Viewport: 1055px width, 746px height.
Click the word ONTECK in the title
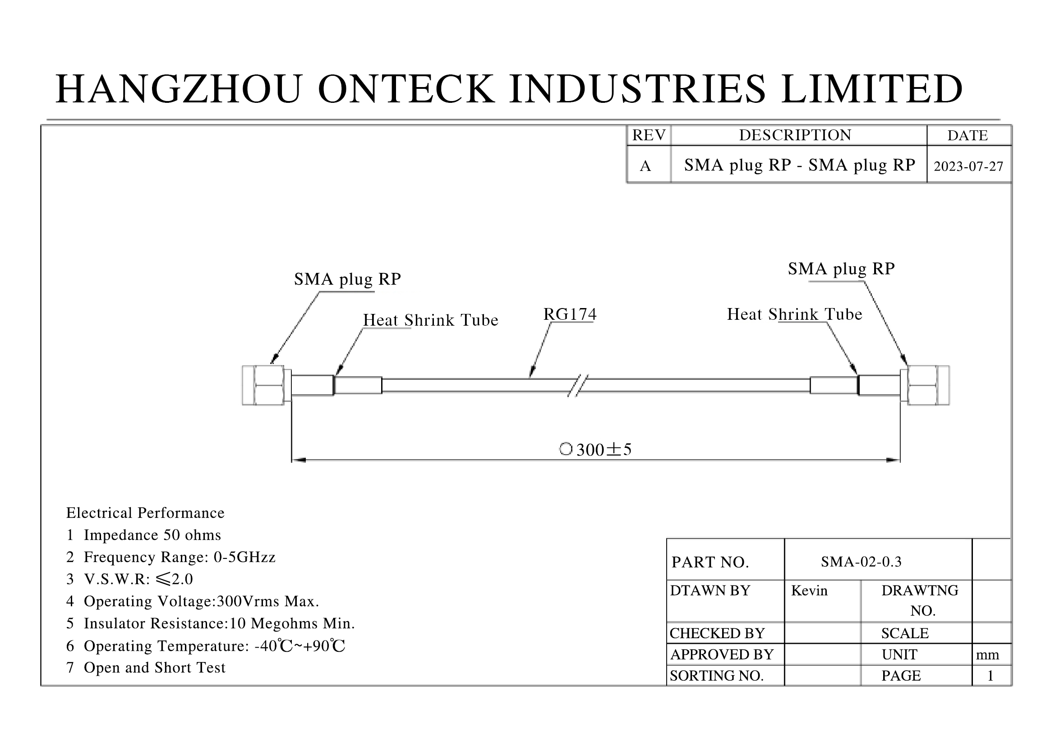406,89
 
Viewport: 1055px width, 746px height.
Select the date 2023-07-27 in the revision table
968,166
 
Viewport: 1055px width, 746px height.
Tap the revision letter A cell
645,166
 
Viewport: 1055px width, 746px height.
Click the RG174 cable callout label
570,314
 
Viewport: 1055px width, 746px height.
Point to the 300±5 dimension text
604,449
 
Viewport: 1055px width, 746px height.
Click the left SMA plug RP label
347,279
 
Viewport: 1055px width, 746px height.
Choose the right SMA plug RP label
841,269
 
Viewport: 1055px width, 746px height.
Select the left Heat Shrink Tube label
431,320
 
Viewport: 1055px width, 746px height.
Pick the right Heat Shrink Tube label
794,314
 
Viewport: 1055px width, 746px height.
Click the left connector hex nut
269,385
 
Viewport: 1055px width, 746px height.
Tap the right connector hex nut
923,385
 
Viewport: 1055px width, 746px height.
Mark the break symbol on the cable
578,385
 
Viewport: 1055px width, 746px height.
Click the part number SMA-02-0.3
861,562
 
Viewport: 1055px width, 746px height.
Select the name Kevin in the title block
809,590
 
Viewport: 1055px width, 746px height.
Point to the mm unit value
987,654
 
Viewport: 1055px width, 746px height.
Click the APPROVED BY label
722,654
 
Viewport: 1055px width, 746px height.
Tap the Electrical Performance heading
145,513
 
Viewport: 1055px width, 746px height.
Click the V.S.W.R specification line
129,579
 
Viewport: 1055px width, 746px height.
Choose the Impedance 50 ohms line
143,535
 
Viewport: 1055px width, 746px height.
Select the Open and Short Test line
146,668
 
